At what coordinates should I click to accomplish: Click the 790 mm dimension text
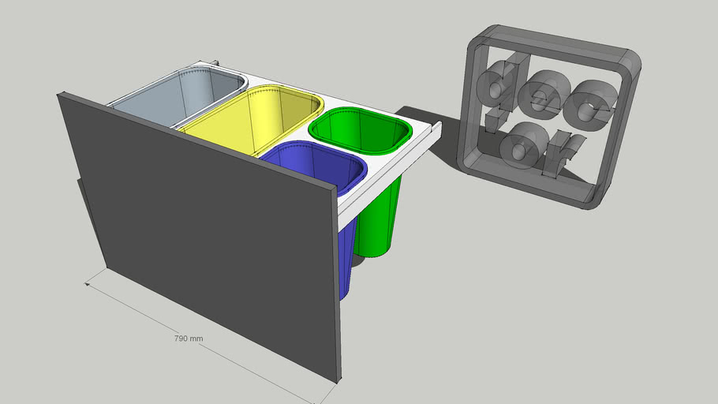point(189,339)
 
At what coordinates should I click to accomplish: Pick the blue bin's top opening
point(315,166)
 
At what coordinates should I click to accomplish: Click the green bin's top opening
point(360,130)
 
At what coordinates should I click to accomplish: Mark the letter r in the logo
point(563,154)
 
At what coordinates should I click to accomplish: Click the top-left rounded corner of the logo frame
point(482,36)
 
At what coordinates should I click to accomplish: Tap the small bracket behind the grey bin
point(216,62)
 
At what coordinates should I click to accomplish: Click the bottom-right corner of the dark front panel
point(338,380)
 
